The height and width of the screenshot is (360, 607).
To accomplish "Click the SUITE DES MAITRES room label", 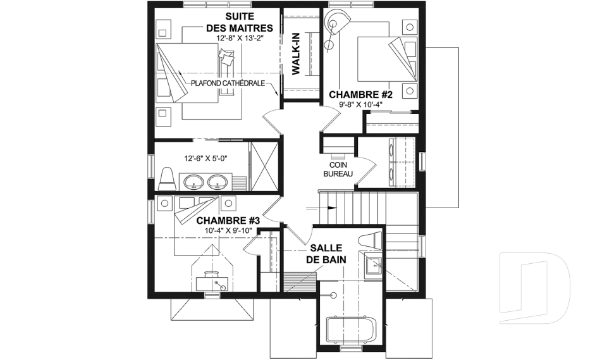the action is [x=239, y=22].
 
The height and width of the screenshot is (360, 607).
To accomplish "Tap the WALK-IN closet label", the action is [x=296, y=59].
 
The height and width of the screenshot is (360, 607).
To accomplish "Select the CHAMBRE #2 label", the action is [x=361, y=94].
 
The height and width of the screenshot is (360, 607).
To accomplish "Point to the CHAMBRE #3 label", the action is [x=228, y=221].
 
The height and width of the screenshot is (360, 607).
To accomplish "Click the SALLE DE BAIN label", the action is [x=326, y=254].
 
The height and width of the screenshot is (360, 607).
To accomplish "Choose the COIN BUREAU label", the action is [x=338, y=170].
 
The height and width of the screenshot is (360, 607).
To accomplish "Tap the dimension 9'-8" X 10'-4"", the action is [x=360, y=104].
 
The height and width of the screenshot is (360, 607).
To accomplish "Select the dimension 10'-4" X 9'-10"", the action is [x=228, y=230].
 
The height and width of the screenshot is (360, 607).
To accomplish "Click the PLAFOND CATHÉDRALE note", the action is [x=228, y=84].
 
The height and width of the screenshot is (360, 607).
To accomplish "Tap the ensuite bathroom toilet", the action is [x=167, y=179].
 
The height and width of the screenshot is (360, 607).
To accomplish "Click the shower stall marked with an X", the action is [x=264, y=166].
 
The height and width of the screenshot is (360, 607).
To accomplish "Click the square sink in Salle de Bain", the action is [x=372, y=266].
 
